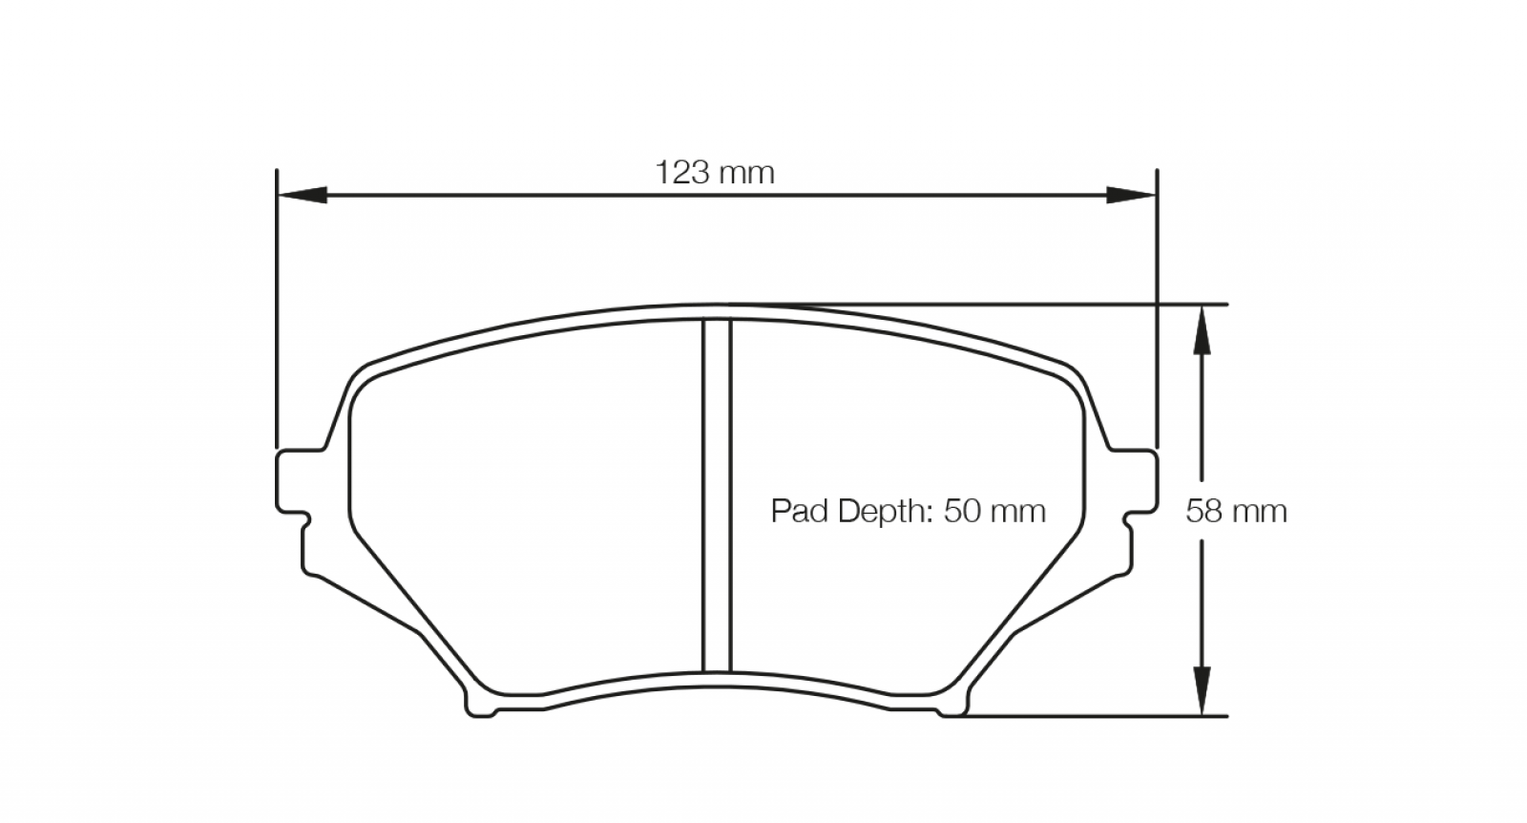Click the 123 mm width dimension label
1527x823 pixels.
click(x=715, y=173)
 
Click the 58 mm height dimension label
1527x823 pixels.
click(x=1236, y=511)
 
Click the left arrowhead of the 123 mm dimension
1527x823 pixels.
click(x=302, y=195)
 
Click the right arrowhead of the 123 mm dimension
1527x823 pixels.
click(x=1131, y=195)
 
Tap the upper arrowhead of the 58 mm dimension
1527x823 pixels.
click(x=1202, y=329)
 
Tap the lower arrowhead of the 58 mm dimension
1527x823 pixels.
click(x=1202, y=690)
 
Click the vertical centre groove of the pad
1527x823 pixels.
click(x=717, y=496)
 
